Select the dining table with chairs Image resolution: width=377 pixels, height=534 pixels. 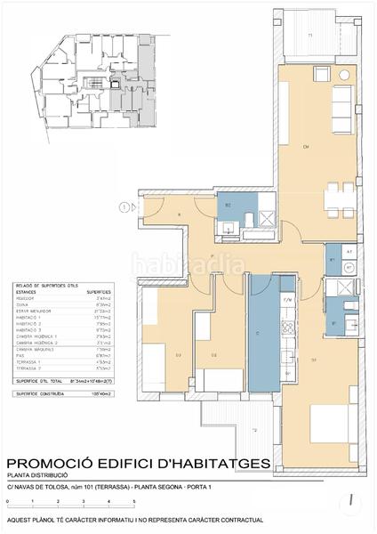point(335,199)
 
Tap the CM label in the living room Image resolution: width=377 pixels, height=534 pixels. point(305,147)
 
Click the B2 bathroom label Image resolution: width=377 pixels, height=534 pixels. point(228,206)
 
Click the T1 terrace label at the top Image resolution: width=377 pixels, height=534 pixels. point(309,35)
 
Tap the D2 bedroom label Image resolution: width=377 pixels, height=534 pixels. point(214,355)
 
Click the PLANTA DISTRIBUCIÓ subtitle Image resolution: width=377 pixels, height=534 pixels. point(38,475)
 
